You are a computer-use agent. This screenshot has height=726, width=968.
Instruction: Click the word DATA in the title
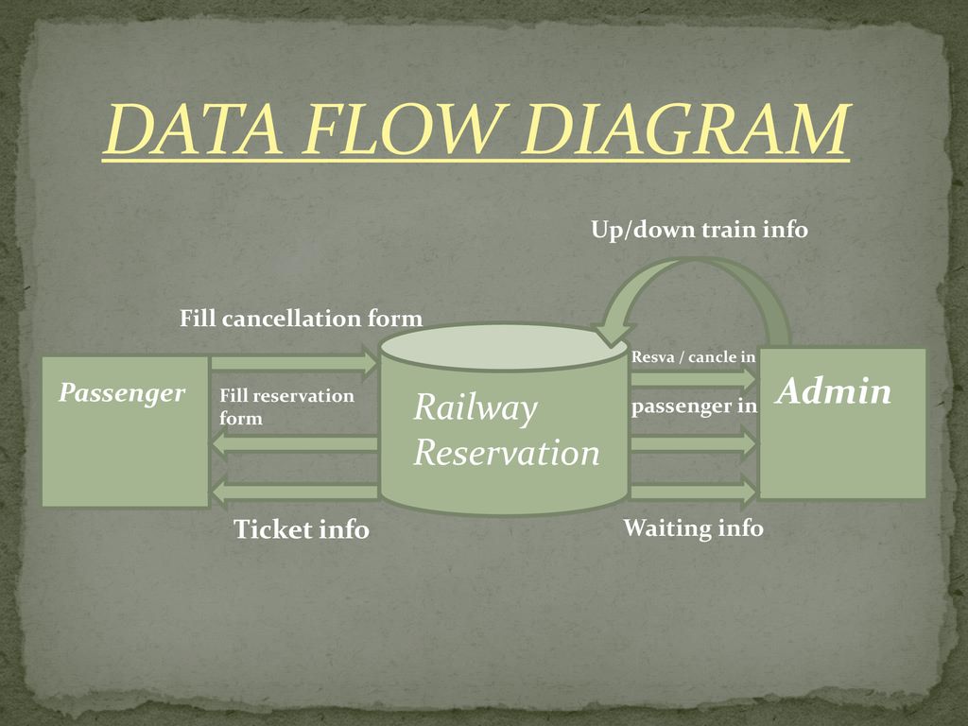click(x=194, y=129)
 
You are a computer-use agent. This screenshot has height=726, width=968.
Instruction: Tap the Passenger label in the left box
click(x=122, y=393)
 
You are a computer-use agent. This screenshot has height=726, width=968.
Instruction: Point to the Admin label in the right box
click(x=834, y=390)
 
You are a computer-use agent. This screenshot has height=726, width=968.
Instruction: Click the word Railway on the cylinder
click(x=475, y=408)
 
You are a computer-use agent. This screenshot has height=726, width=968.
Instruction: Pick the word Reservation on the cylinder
click(x=507, y=453)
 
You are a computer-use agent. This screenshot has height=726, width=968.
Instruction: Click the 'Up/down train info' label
click(x=700, y=230)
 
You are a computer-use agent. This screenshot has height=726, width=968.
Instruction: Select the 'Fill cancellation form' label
click(x=302, y=319)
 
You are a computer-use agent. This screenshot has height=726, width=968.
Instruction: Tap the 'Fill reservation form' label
click(x=287, y=406)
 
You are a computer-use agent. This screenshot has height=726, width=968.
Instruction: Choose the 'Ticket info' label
click(x=302, y=529)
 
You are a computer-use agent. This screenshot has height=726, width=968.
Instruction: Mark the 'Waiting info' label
click(x=693, y=527)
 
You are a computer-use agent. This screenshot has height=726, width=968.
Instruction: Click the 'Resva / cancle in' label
click(x=693, y=356)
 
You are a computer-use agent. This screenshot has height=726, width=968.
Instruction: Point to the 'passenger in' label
click(x=694, y=406)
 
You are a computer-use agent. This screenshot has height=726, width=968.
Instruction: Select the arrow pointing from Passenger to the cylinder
click(x=295, y=362)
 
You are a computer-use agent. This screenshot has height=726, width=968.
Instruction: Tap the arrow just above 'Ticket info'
click(x=295, y=492)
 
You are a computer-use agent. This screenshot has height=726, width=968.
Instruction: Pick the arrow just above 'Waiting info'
click(x=693, y=492)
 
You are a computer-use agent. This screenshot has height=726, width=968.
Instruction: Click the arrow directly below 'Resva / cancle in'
click(x=693, y=379)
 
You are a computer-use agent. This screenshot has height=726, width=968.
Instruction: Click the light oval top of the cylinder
click(x=505, y=347)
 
